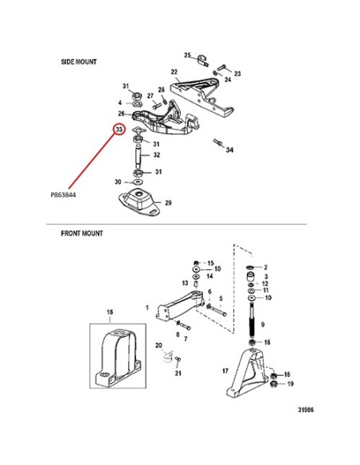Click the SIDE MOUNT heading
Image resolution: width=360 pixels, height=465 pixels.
(x=79, y=61)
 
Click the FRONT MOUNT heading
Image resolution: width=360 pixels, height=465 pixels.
(x=82, y=233)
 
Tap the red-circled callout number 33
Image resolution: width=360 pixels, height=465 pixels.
(x=119, y=130)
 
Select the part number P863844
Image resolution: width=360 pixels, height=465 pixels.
(x=63, y=195)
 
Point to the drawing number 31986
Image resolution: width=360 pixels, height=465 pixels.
(x=306, y=410)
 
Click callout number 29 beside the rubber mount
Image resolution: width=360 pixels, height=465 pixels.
(x=168, y=203)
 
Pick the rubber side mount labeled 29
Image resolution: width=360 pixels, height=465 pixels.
(x=139, y=201)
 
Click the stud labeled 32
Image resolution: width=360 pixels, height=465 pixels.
(x=139, y=156)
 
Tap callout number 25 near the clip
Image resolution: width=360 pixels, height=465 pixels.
(x=187, y=55)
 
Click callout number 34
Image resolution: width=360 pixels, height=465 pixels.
(x=230, y=150)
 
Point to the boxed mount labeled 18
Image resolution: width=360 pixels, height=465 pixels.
(x=118, y=356)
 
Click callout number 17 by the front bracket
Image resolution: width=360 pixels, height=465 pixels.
(x=225, y=371)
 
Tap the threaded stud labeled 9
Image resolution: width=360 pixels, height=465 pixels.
(x=252, y=320)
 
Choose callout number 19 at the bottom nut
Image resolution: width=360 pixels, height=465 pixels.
(x=291, y=384)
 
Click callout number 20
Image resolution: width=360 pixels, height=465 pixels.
(x=158, y=346)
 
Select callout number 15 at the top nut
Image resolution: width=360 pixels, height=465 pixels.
(x=210, y=263)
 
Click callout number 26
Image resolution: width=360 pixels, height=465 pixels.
(x=121, y=114)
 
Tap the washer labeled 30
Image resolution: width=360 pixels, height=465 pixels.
(x=138, y=182)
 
